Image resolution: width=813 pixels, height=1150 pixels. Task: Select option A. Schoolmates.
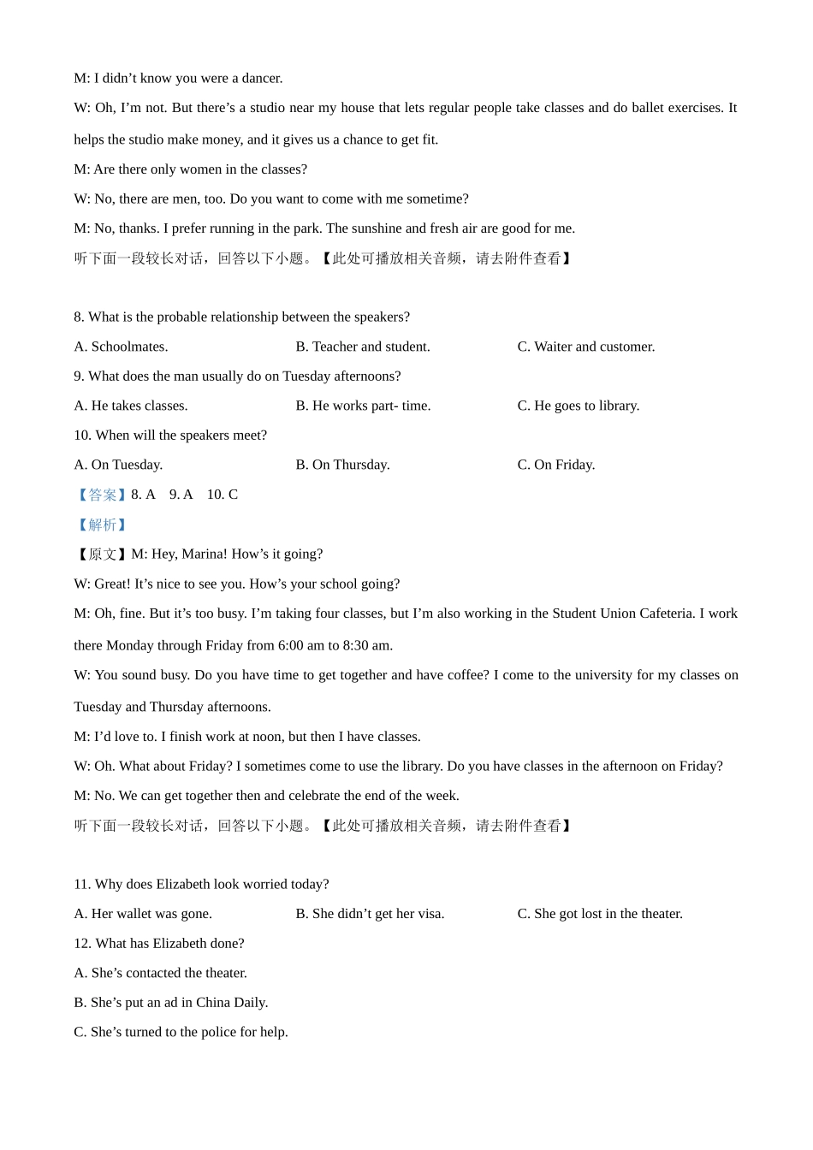coord(121,347)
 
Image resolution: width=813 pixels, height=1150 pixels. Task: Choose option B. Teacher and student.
coord(363,347)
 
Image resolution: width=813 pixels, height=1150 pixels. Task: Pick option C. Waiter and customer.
coord(586,347)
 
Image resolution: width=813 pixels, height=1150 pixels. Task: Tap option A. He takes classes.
coord(131,406)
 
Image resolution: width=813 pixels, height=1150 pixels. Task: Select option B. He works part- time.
coord(363,406)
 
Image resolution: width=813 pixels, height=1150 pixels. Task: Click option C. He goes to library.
coord(579,406)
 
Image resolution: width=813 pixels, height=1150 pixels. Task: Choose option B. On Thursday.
coord(342,465)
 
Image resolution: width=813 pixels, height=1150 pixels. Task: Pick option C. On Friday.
coord(556,465)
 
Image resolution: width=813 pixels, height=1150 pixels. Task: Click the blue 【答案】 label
coord(102,495)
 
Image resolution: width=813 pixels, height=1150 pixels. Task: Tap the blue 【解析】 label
coord(102,525)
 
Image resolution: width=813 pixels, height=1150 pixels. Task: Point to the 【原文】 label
coord(102,554)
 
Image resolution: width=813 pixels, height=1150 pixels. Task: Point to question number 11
coord(82,885)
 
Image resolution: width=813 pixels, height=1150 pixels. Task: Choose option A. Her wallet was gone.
coord(143,914)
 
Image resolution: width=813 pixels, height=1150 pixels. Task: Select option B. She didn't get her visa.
coord(370,914)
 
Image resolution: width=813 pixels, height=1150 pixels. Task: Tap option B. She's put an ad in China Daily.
coord(171,1003)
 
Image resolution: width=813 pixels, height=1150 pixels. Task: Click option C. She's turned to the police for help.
coord(181,1032)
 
